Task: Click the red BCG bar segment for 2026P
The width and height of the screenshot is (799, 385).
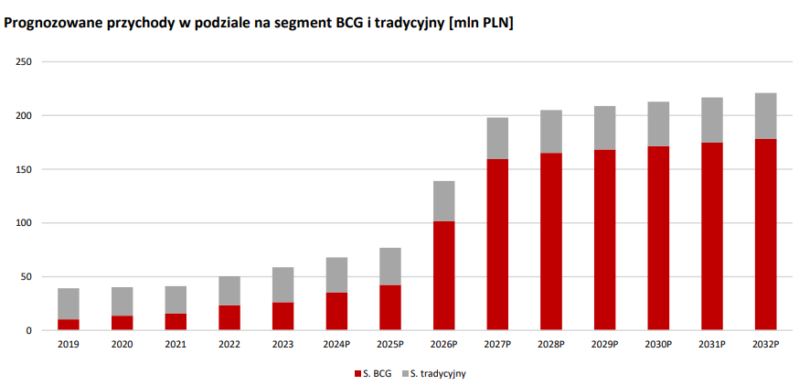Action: pos(443,275)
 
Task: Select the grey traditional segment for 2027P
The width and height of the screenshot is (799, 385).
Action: pos(497,138)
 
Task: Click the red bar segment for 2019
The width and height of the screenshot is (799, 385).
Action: pos(69,325)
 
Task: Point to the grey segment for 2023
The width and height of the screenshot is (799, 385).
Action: pos(282,284)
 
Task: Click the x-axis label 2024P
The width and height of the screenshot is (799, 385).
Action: pos(336,345)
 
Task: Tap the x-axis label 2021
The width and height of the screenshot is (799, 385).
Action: pos(176,345)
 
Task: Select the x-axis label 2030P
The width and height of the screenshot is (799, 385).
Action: pos(658,345)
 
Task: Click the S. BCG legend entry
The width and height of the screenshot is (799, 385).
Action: pos(374,373)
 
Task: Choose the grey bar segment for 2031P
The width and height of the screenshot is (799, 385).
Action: pos(711,120)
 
